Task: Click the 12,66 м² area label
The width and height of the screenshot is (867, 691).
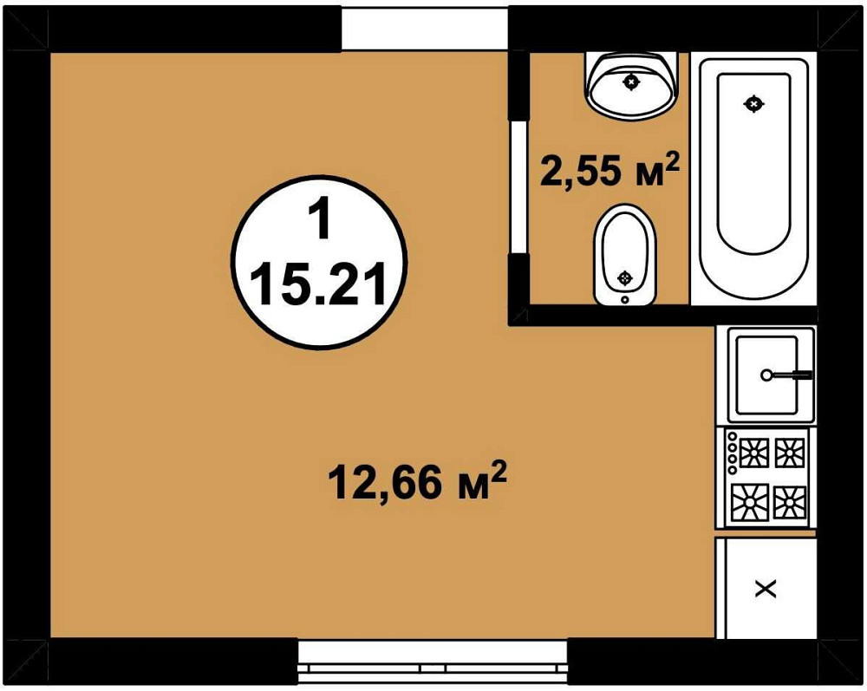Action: click(x=418, y=481)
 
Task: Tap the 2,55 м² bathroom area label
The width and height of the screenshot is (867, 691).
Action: click(x=610, y=169)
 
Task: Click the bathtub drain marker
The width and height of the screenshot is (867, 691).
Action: click(x=753, y=103)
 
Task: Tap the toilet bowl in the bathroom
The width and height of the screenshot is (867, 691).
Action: click(x=625, y=254)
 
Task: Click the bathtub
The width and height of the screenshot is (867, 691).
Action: click(x=753, y=179)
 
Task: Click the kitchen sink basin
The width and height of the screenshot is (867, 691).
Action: click(x=766, y=375)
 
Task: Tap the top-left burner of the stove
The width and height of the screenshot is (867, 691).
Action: click(x=753, y=453)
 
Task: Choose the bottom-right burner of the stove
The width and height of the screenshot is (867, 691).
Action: click(x=789, y=503)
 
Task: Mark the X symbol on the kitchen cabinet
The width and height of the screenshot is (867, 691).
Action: click(x=766, y=590)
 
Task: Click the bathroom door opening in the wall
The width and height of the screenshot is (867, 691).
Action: click(x=518, y=187)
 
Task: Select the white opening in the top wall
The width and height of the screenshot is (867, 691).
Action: click(x=425, y=29)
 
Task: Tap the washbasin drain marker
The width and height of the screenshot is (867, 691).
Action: click(x=631, y=81)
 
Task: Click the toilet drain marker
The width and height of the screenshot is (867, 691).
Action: click(x=625, y=277)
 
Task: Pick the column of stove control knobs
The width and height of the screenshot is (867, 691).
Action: click(x=732, y=453)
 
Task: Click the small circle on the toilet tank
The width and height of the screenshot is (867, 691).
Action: click(x=625, y=299)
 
